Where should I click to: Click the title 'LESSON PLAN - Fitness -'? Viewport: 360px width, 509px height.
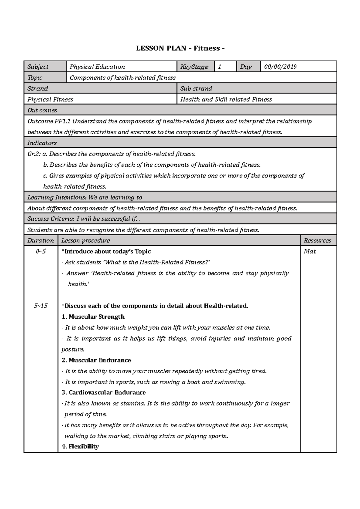pos(180,49)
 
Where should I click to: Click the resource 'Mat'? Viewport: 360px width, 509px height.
pos(310,252)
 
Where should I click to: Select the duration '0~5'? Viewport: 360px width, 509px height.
pos(40,252)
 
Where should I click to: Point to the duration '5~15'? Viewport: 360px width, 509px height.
pos(40,306)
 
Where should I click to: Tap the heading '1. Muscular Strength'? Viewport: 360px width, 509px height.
pos(93,317)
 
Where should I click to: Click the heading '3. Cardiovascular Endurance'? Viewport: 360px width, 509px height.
pos(103,393)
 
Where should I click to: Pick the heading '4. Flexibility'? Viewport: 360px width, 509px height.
pos(80,447)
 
